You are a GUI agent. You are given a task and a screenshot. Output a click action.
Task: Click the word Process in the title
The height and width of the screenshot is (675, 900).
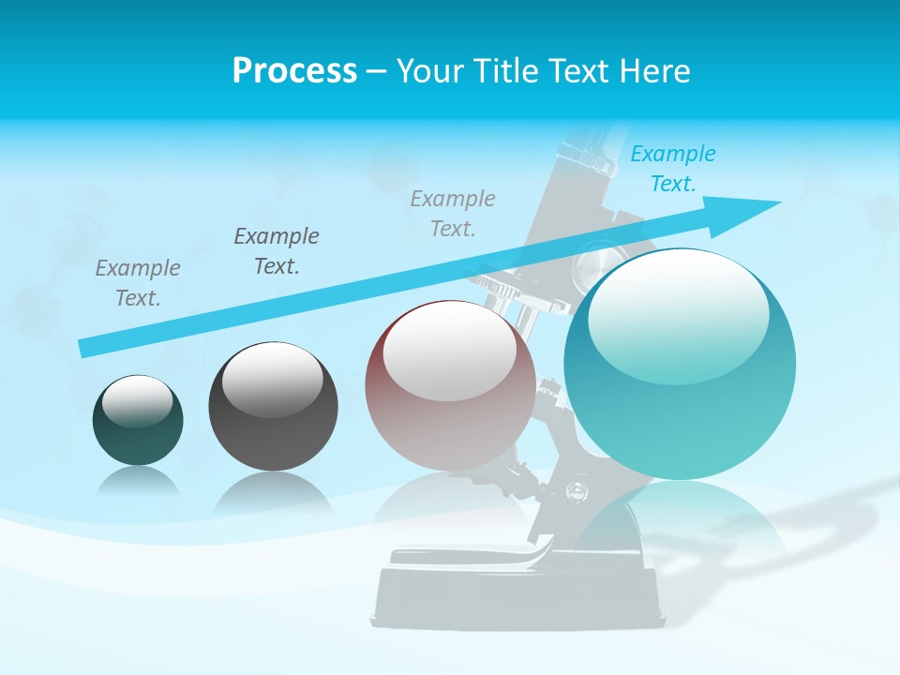pos(294,71)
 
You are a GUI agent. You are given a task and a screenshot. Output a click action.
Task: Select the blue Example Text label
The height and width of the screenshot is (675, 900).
pos(672,169)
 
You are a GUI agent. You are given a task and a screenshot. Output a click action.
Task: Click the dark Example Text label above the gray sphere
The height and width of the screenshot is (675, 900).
pos(277,250)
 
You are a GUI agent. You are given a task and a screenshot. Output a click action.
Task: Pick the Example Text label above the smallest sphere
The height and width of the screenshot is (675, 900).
pos(138,282)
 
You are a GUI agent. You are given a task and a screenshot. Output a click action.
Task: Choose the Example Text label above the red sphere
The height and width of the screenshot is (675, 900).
pos(453,213)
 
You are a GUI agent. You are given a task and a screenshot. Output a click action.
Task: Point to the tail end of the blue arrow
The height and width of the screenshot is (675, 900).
pos(85,348)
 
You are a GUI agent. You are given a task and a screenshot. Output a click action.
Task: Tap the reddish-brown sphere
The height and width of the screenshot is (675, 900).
pos(450,412)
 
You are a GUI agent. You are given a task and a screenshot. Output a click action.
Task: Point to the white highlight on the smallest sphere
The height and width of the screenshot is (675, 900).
pos(137,400)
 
